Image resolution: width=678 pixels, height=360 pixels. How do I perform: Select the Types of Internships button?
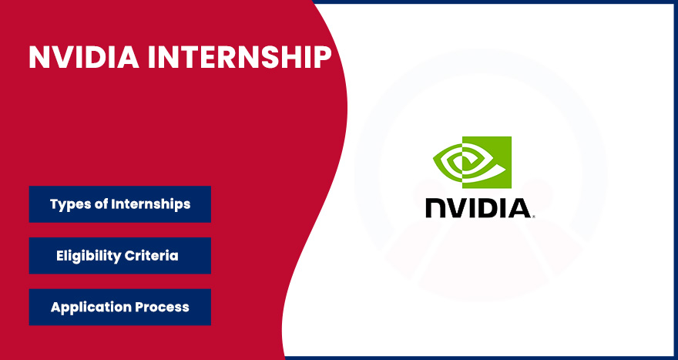click(x=119, y=204)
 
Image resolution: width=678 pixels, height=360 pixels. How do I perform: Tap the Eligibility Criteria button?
click(x=119, y=256)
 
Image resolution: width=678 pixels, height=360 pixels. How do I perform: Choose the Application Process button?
click(x=119, y=307)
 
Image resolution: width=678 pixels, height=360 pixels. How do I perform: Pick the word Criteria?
click(x=157, y=256)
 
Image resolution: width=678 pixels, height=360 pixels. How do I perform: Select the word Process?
click(x=163, y=307)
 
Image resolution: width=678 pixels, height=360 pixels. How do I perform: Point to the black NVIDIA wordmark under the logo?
click(x=478, y=208)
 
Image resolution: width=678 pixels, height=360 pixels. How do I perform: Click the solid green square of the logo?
click(x=497, y=154)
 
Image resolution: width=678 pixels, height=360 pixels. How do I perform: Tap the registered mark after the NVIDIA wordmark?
click(x=533, y=217)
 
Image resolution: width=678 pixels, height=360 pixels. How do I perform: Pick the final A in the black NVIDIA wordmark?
click(x=518, y=208)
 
